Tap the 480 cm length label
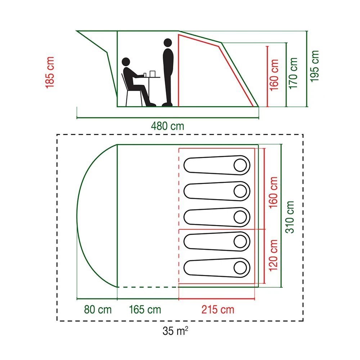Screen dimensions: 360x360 click(167, 126)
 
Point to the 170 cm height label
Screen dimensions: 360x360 click(293, 73)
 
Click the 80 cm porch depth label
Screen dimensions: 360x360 click(98, 310)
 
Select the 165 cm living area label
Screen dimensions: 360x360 click(145, 310)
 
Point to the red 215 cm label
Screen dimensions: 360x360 click(218, 310)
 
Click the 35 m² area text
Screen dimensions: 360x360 click(175, 331)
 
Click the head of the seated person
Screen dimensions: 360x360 click(126, 62)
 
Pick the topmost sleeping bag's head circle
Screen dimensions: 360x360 click(240, 165)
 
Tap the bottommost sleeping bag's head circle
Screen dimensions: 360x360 click(240, 267)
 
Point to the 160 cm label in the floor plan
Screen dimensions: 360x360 click(274, 193)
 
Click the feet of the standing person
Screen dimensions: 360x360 click(167, 104)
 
